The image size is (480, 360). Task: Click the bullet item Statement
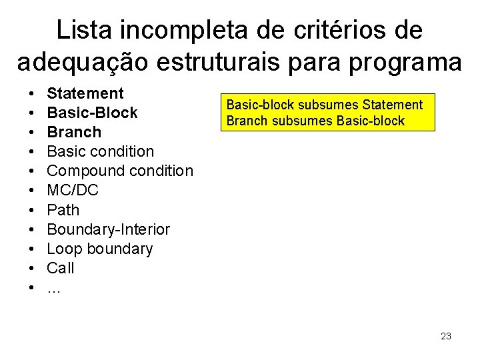tap(85, 93)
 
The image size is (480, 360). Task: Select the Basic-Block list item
tap(93, 113)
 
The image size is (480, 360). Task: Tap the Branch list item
tap(75, 132)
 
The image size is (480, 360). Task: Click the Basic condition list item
tap(101, 151)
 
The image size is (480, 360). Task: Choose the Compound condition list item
tap(120, 171)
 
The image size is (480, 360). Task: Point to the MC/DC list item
tap(73, 191)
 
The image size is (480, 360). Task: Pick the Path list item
tap(63, 210)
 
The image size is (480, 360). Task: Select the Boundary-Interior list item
tap(109, 229)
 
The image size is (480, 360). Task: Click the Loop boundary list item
tap(100, 249)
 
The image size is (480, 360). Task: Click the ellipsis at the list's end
tap(53, 288)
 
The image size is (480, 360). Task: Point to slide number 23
tap(446, 336)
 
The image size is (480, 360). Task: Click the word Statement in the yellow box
tap(393, 105)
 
